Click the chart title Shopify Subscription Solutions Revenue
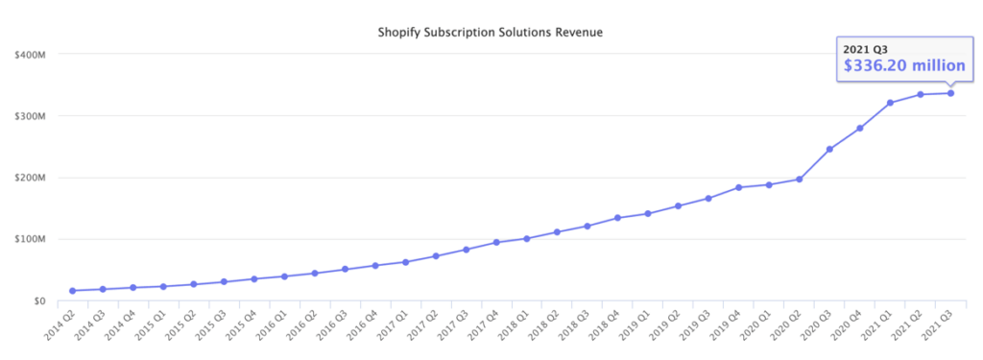[x=491, y=34]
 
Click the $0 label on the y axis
[x=38, y=300]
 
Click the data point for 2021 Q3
[x=951, y=93]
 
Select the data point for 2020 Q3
[x=829, y=149]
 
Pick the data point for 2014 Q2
[x=72, y=290]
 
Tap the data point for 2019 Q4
[x=738, y=187]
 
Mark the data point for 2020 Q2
[x=799, y=179]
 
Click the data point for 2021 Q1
[x=890, y=103]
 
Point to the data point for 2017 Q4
[x=496, y=242]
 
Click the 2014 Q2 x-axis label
[x=61, y=324]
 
